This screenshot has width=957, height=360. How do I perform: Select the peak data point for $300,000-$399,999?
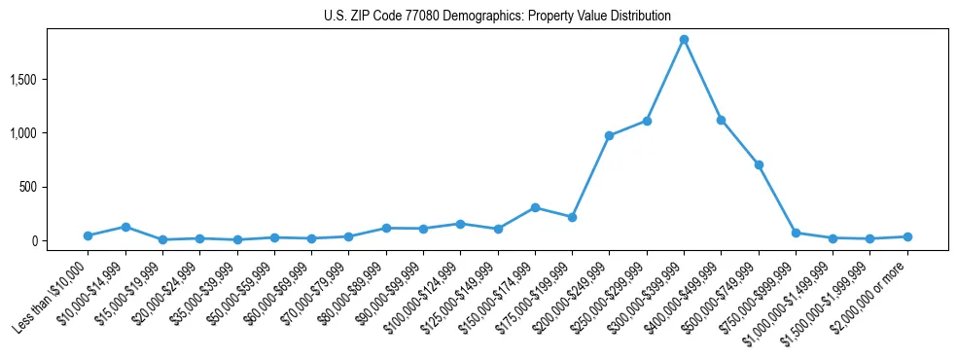tap(684, 40)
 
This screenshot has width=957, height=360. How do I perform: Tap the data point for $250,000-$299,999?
tap(647, 121)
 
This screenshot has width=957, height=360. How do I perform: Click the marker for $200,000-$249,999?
tap(609, 135)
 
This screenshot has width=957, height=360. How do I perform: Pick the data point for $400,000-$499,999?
tap(721, 120)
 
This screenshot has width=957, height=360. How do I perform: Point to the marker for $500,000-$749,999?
tap(759, 164)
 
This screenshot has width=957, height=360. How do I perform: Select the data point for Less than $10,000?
tap(88, 235)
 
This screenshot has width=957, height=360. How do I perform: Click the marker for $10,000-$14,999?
tap(125, 227)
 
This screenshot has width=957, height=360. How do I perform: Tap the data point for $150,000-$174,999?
tap(535, 207)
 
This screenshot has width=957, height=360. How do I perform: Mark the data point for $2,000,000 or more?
tap(907, 236)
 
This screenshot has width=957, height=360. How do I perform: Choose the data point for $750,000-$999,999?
tap(796, 233)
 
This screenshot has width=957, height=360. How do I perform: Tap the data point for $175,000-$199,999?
tap(572, 217)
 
